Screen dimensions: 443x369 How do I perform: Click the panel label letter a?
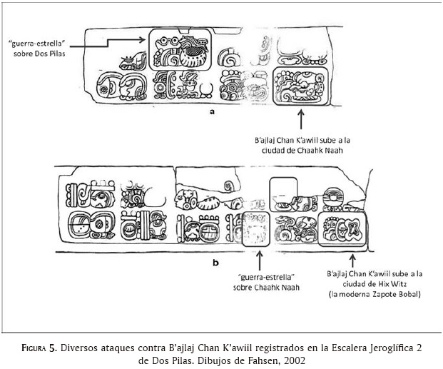pyautogui.click(x=212, y=111)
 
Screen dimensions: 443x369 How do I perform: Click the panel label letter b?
pyautogui.click(x=215, y=263)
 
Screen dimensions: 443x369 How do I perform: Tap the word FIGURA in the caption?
pyautogui.click(x=34, y=348)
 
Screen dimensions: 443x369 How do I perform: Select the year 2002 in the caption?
pyautogui.click(x=295, y=360)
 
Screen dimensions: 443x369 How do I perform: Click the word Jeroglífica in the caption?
pyautogui.click(x=391, y=348)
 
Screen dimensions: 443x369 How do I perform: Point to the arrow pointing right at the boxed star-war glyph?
pyautogui.click(x=107, y=43)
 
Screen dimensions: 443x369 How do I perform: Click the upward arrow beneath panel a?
pyautogui.click(x=301, y=119)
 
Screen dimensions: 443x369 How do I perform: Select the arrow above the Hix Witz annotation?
pyautogui.click(x=352, y=261)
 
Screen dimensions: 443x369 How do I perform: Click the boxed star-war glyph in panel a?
pyautogui.click(x=180, y=49)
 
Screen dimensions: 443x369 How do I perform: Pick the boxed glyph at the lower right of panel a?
pyautogui.click(x=300, y=86)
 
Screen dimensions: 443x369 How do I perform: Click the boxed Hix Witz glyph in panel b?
pyautogui.click(x=342, y=228)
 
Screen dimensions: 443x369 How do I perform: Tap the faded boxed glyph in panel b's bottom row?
pyautogui.click(x=256, y=229)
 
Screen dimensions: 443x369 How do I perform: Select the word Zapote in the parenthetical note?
pyautogui.click(x=385, y=294)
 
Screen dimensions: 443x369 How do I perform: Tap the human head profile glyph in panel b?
pyautogui.click(x=181, y=199)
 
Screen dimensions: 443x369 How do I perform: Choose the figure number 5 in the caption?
pyautogui.click(x=51, y=348)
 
